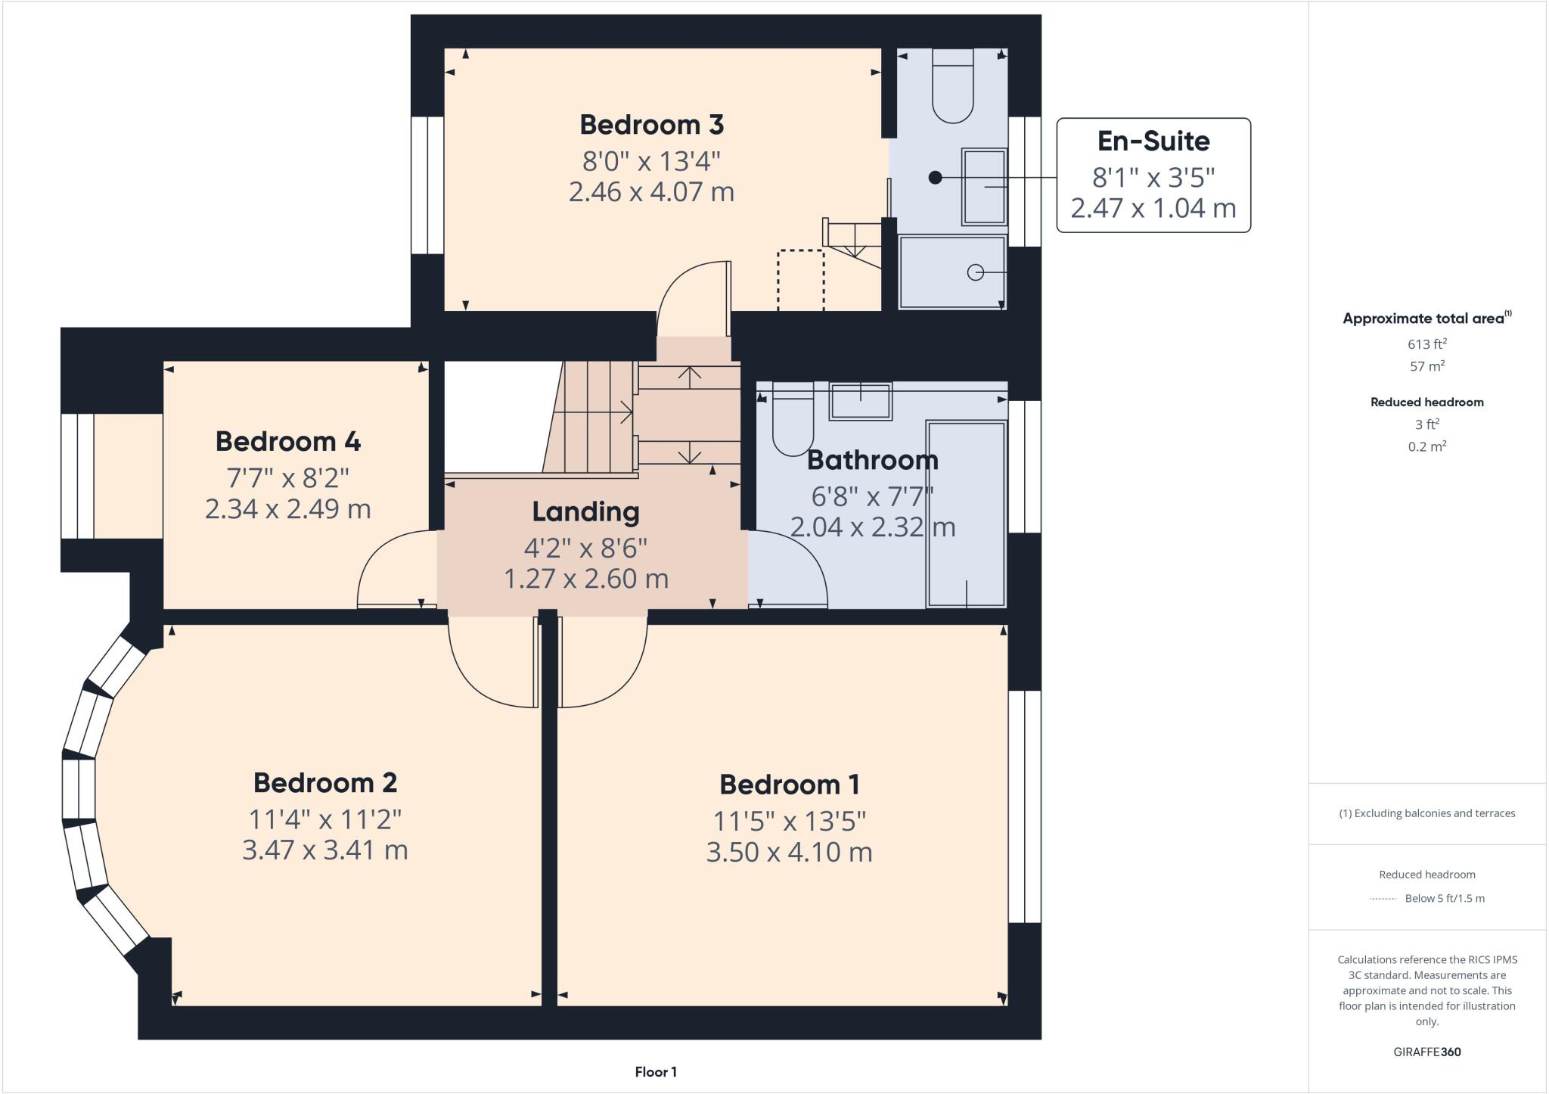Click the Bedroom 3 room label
[651, 125]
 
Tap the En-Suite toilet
[952, 86]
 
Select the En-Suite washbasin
[984, 187]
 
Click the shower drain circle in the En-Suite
[976, 272]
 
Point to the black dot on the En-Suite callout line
[935, 178]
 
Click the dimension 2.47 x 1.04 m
[1153, 208]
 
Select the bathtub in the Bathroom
[967, 514]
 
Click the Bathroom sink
[861, 401]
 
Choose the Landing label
[585, 512]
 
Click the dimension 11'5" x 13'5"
[789, 821]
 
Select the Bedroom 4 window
[78, 476]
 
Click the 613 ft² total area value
[1426, 344]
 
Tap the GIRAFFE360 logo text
[1426, 1052]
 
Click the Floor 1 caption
[655, 1072]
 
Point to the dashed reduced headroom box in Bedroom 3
[800, 279]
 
